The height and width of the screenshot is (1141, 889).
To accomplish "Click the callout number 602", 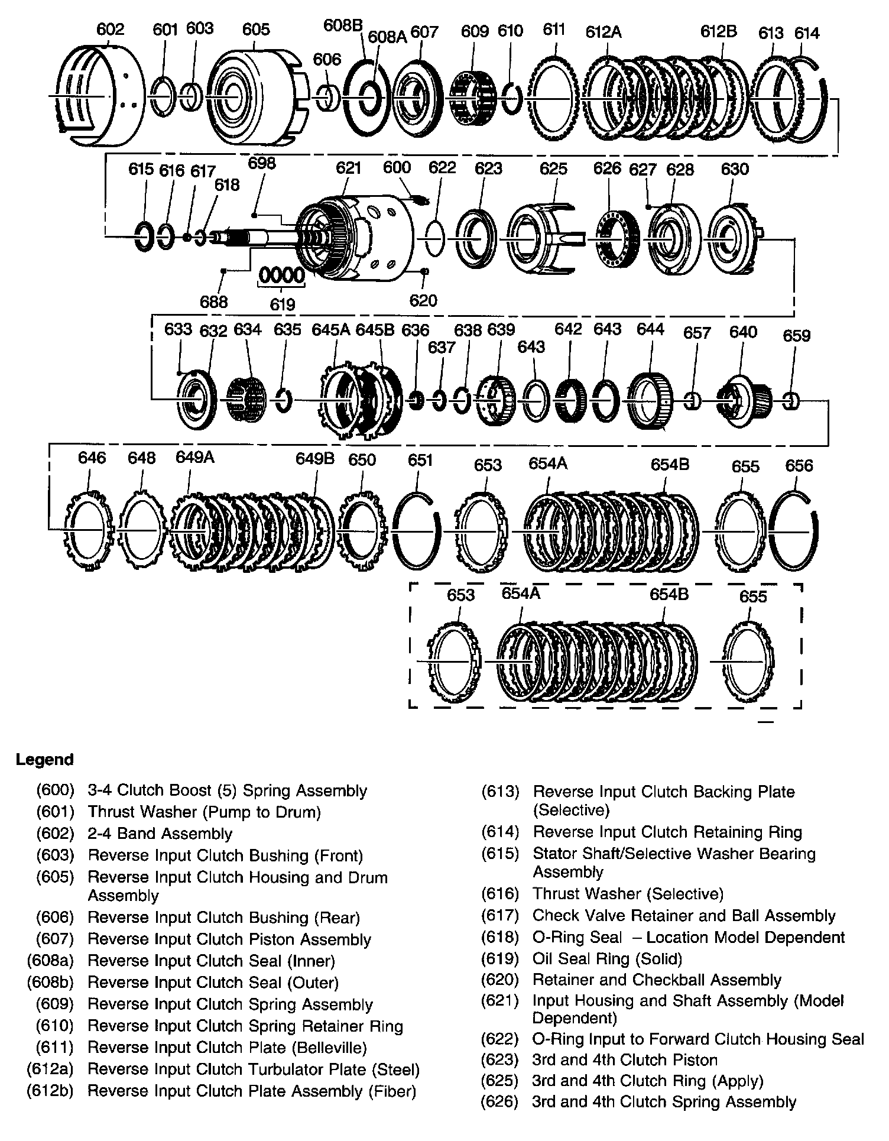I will (x=111, y=29).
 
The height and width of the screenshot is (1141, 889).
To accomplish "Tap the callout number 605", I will (x=256, y=29).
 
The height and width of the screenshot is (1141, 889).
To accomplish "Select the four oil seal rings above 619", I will (x=282, y=275).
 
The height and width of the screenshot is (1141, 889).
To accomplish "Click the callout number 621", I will (x=348, y=168).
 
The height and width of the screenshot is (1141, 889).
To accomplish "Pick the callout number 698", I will (x=262, y=163).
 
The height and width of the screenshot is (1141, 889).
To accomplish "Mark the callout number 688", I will (x=213, y=302).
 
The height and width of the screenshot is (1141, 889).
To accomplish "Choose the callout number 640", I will (x=742, y=332).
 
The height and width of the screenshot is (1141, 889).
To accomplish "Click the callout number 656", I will (x=799, y=466).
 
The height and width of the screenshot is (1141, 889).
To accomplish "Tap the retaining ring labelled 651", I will (x=416, y=531).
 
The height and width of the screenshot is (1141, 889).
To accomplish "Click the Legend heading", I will (x=45, y=760).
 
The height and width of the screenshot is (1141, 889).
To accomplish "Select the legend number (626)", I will (x=500, y=1102).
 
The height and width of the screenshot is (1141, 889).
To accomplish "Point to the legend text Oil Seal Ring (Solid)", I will (x=607, y=958).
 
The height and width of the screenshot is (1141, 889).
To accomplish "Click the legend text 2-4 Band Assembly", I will (x=160, y=834).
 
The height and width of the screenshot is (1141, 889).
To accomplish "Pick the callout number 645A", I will (x=330, y=329).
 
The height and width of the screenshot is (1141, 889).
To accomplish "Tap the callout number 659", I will (x=796, y=336).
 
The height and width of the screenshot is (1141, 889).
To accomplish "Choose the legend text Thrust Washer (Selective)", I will (x=628, y=894).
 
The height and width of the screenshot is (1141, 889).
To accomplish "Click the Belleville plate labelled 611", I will (x=554, y=96).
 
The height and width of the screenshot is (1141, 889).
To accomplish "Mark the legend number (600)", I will (x=55, y=791).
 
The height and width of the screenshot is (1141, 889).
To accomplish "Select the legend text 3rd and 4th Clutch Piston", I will (x=625, y=1060).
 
